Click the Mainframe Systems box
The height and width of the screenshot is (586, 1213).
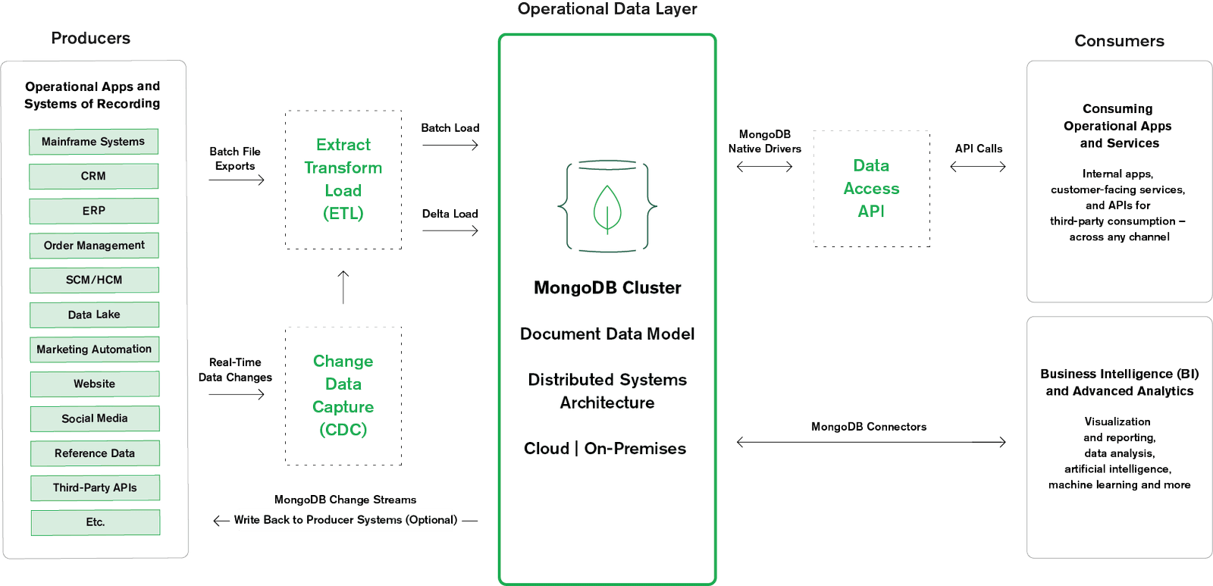[93, 142]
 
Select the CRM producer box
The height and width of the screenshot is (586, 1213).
[93, 176]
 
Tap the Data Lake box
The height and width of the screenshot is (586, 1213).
[94, 315]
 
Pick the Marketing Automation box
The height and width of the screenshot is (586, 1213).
[94, 349]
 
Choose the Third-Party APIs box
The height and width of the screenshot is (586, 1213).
[95, 487]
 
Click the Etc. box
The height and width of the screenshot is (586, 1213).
[95, 522]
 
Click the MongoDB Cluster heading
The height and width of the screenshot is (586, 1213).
[607, 288]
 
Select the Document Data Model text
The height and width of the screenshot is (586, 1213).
[607, 334]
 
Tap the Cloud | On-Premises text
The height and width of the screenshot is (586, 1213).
[605, 449]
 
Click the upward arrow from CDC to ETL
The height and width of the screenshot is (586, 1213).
[343, 287]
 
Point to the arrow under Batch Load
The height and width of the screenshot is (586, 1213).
[450, 145]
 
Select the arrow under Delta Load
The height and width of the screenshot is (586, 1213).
[450, 230]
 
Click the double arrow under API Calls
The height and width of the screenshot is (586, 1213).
[977, 166]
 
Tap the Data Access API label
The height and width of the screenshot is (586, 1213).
[871, 188]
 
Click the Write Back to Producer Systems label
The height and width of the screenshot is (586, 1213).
[346, 520]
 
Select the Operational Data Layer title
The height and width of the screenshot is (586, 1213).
[606, 10]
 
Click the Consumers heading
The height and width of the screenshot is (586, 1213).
[1119, 41]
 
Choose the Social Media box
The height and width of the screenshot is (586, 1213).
[95, 418]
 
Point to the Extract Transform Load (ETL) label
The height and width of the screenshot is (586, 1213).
[343, 179]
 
